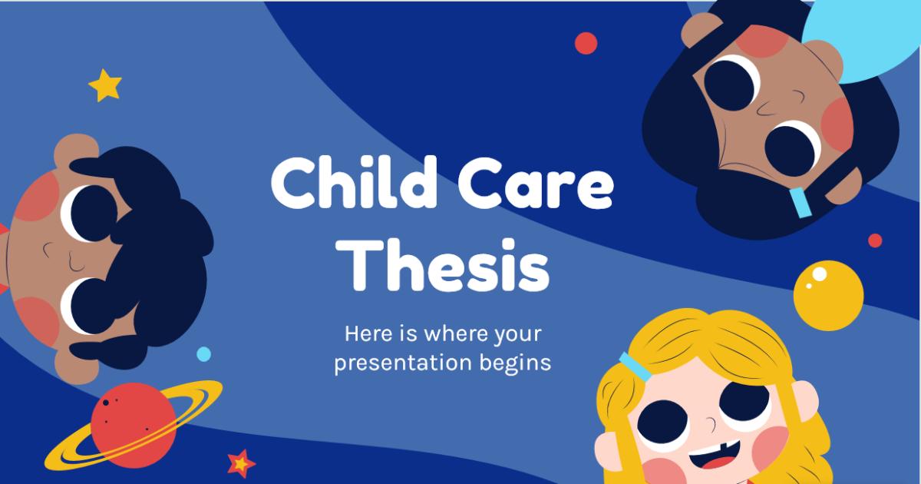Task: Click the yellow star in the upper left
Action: click(x=105, y=85)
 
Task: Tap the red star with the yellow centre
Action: click(x=241, y=462)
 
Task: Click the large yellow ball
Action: click(x=828, y=295)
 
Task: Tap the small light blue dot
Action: click(x=203, y=354)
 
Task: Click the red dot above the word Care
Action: click(x=586, y=43)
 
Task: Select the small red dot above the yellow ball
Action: click(x=875, y=240)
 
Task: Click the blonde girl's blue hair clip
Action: click(x=636, y=366)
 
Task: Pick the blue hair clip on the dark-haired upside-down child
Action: click(x=800, y=202)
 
